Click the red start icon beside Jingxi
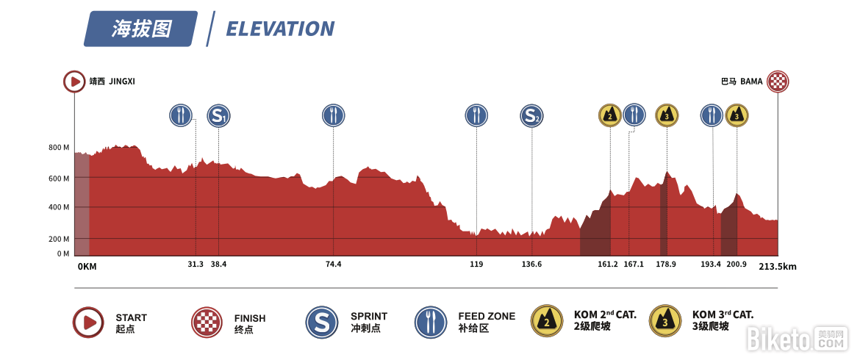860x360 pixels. [x=74, y=81]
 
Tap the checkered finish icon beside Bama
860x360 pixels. [x=778, y=81]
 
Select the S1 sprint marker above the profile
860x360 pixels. [x=218, y=115]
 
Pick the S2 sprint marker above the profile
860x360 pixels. [x=531, y=115]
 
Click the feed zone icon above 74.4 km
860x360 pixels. [x=333, y=115]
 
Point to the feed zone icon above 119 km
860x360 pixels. [x=476, y=115]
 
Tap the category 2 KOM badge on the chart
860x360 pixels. [x=609, y=115]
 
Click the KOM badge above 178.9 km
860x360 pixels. [x=667, y=115]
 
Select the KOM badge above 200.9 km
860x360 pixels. [x=737, y=115]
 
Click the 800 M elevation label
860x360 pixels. [x=59, y=148]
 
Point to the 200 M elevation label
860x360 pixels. [x=59, y=240]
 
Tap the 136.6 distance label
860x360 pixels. [x=531, y=264]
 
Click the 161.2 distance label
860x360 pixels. [x=608, y=264]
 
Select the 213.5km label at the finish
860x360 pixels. [x=777, y=267]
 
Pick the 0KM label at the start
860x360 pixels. [x=87, y=267]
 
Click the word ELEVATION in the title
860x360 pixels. [x=280, y=29]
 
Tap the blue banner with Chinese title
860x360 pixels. [x=141, y=29]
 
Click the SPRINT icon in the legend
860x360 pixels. [x=321, y=322]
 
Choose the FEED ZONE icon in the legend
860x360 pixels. [x=430, y=322]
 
